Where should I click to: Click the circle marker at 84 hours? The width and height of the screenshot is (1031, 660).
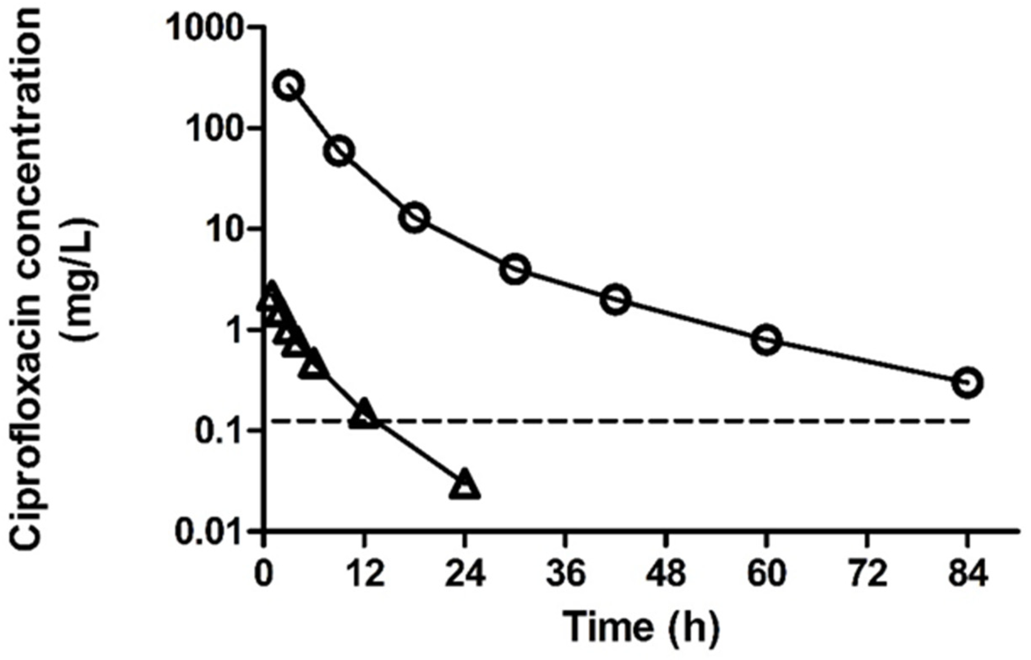[968, 383]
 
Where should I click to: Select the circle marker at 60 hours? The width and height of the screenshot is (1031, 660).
[766, 340]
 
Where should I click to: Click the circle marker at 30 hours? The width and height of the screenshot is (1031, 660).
[515, 270]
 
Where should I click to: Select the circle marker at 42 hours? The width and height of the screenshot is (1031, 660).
[616, 300]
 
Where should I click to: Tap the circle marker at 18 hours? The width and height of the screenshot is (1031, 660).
[414, 218]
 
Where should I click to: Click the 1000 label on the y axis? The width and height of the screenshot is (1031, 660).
[209, 28]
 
